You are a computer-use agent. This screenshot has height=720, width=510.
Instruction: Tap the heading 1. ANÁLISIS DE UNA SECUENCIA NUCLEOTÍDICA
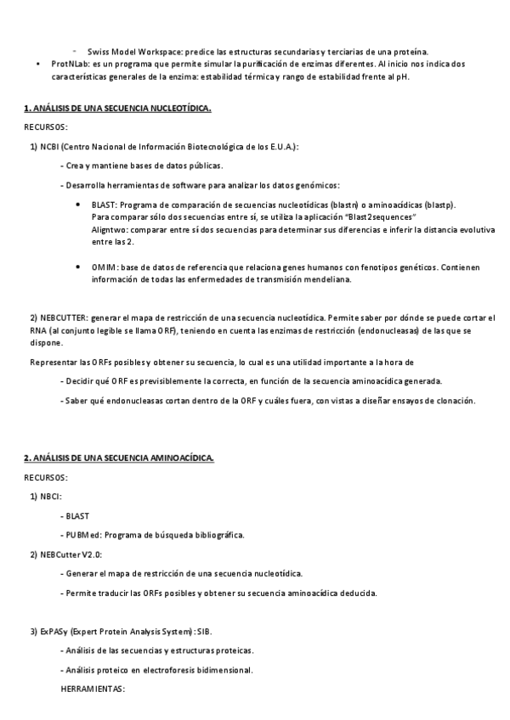pos(117,109)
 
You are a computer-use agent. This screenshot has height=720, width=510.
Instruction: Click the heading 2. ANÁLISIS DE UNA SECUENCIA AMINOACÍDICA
pos(119,458)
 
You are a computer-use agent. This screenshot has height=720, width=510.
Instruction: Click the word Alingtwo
pos(108,230)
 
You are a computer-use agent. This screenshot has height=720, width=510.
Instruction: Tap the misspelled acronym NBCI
pos(50,497)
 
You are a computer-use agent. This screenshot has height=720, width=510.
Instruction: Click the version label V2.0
pos(91,554)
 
